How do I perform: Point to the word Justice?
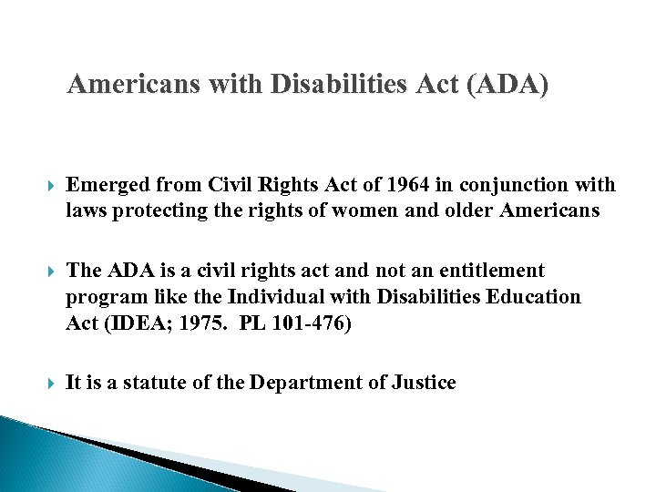click(424, 383)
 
